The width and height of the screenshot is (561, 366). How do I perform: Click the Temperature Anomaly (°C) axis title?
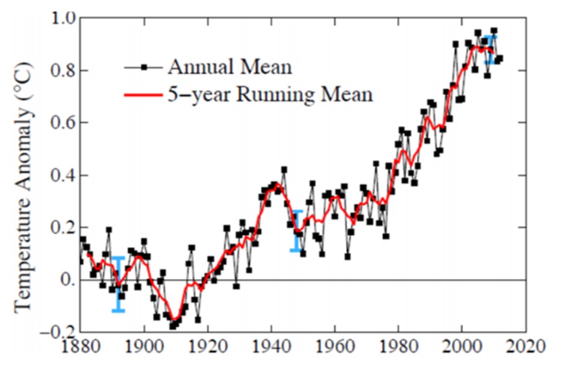point(23,181)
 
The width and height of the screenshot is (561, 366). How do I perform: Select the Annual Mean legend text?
point(230,67)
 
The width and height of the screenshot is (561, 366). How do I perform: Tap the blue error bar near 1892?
point(118,284)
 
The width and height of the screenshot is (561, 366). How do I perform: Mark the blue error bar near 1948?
point(296,231)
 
